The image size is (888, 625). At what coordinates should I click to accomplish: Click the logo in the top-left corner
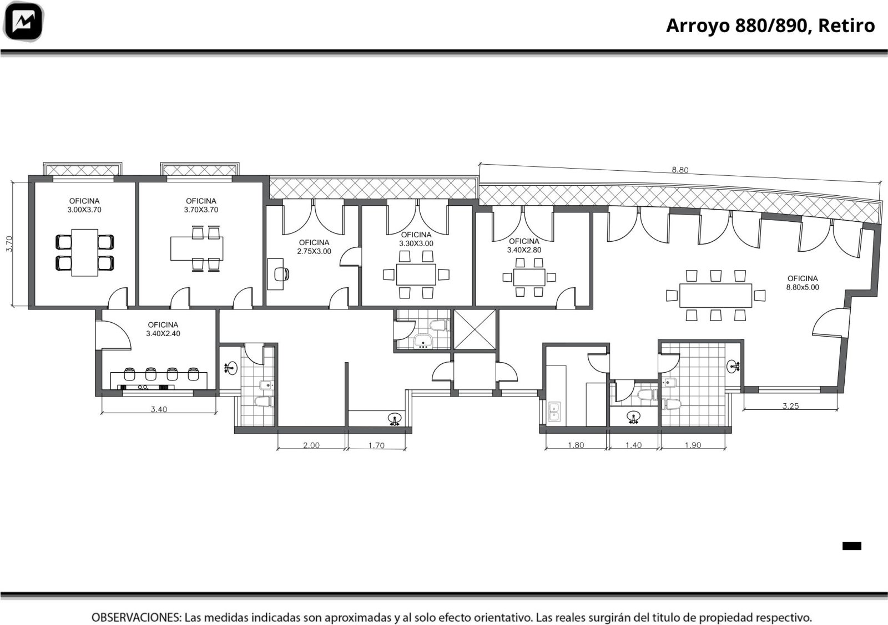pyautogui.click(x=23, y=21)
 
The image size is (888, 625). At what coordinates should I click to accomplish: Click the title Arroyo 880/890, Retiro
pyautogui.click(x=770, y=26)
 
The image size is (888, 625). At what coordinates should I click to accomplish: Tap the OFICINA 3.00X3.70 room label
pyautogui.click(x=84, y=205)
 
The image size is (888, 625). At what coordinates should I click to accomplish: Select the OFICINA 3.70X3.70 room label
pyautogui.click(x=201, y=205)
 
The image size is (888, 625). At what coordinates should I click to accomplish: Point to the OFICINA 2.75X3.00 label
pyautogui.click(x=314, y=247)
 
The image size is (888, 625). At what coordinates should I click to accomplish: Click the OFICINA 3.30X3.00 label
pyautogui.click(x=416, y=239)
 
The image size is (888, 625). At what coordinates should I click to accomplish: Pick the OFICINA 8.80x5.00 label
pyautogui.click(x=803, y=283)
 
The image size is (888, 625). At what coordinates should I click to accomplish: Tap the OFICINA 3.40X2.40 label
pyautogui.click(x=163, y=329)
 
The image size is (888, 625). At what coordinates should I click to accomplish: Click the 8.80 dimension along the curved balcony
pyautogui.click(x=680, y=170)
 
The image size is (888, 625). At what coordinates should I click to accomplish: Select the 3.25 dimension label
pyautogui.click(x=790, y=405)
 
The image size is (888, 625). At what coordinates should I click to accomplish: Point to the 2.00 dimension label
pyautogui.click(x=311, y=445)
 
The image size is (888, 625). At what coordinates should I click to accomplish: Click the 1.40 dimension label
pyautogui.click(x=633, y=445)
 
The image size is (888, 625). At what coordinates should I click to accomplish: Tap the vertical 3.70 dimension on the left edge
pyautogui.click(x=9, y=244)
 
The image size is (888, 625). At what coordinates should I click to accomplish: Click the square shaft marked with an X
pyautogui.click(x=475, y=330)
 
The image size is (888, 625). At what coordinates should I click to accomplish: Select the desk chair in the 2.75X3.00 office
pyautogui.click(x=282, y=274)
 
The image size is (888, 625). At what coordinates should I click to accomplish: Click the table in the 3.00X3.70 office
pyautogui.click(x=84, y=253)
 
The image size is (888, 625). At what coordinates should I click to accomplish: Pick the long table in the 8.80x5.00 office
pyautogui.click(x=715, y=296)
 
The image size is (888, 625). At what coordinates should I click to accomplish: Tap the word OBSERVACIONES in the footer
pyautogui.click(x=137, y=617)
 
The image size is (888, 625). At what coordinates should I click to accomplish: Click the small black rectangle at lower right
pyautogui.click(x=851, y=546)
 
